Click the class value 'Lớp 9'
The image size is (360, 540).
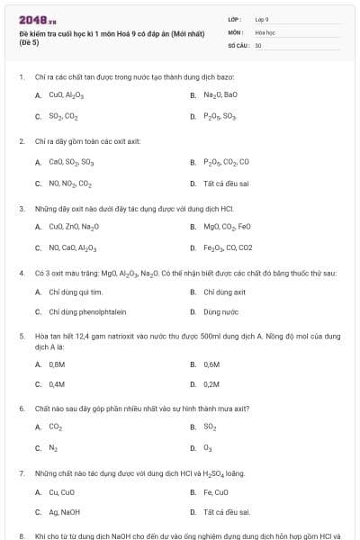point(262,18)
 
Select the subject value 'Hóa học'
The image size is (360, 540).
point(264,31)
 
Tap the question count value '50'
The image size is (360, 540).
point(258,44)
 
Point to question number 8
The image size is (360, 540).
point(21,535)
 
